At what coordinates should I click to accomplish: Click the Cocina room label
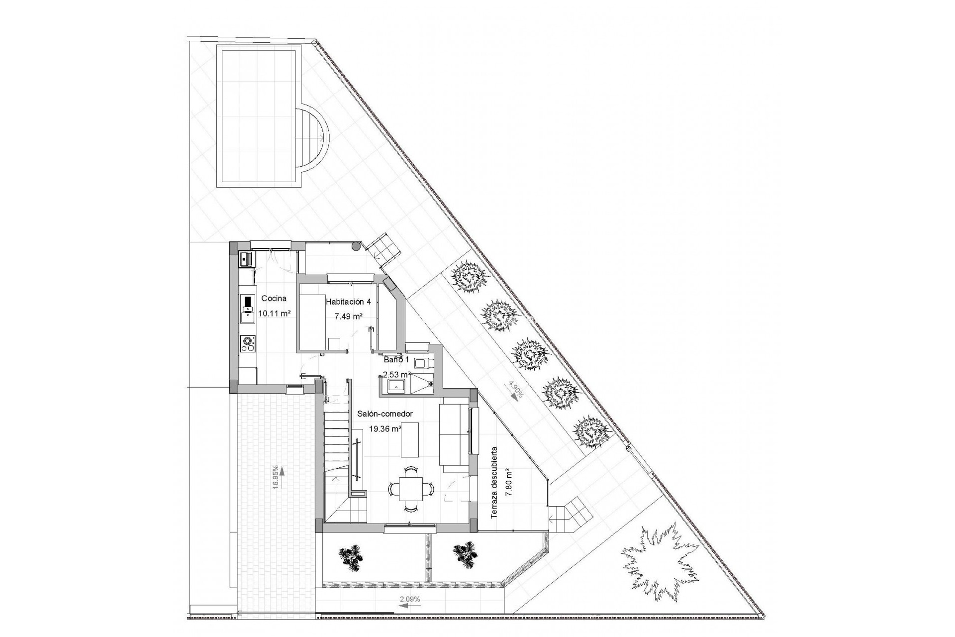pyautogui.click(x=274, y=299)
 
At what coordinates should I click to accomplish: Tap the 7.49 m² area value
pyautogui.click(x=348, y=316)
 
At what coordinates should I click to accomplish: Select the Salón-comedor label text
pyautogui.click(x=385, y=414)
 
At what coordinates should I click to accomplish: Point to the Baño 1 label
pyautogui.click(x=396, y=359)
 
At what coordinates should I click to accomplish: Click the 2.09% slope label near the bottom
pyautogui.click(x=410, y=599)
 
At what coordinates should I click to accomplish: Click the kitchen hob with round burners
pyautogui.click(x=247, y=343)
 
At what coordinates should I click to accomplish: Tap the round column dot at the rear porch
pyautogui.click(x=356, y=246)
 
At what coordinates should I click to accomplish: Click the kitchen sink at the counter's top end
pyautogui.click(x=246, y=258)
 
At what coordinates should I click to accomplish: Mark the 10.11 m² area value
pyautogui.click(x=274, y=314)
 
